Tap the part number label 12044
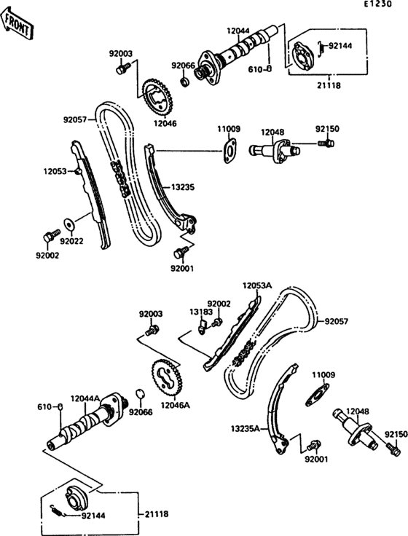coord(238,31)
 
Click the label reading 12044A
coord(85,398)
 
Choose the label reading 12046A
coord(176,404)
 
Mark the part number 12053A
coord(257,286)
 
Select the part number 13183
coord(200,311)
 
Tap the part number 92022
coord(72,241)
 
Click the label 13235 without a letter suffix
coord(182,187)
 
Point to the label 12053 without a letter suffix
coord(55,171)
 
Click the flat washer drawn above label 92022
coord(69,223)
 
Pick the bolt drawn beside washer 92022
coord(50,236)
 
